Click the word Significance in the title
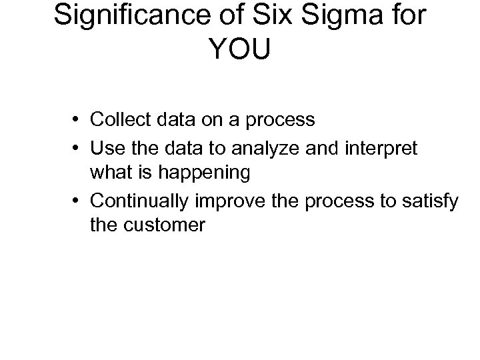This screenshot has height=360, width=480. [x=127, y=17]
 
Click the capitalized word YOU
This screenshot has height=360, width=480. [x=239, y=50]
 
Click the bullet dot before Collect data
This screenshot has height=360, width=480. [x=79, y=121]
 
